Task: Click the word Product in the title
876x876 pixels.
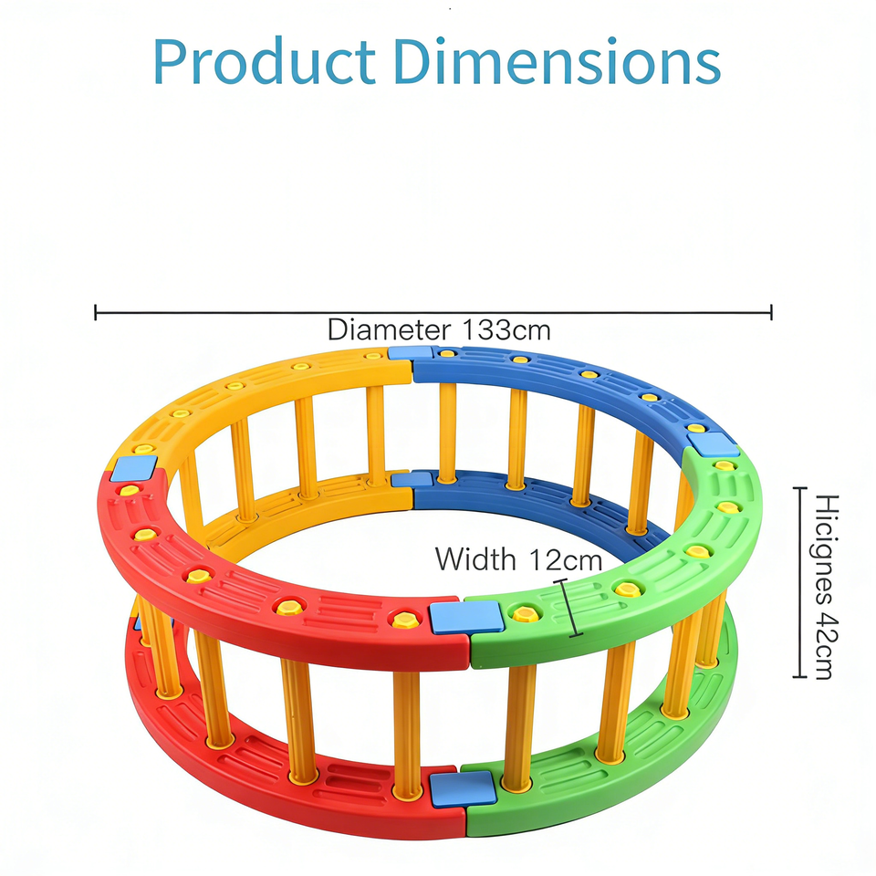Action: coord(265,62)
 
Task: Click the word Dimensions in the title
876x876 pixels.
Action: coord(559,62)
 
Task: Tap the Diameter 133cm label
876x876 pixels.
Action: coord(439,329)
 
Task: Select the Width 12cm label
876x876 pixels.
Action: coord(517,558)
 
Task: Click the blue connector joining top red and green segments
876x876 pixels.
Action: coord(466,617)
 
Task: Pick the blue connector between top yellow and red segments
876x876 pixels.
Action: coord(134,469)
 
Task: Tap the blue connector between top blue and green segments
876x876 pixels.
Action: coord(713,444)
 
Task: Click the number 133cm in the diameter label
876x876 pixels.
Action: coord(506,329)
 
